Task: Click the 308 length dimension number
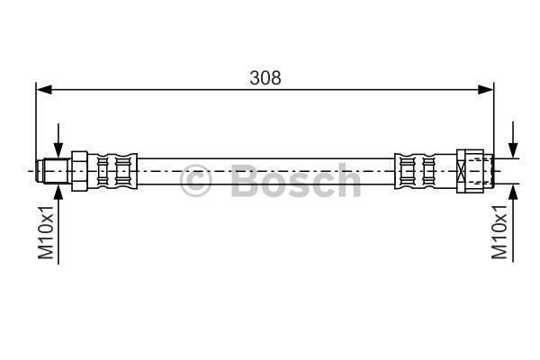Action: click(265, 78)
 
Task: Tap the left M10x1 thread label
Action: click(46, 232)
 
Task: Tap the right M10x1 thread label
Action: click(499, 231)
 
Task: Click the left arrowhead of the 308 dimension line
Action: click(44, 90)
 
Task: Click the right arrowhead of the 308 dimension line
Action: click(486, 90)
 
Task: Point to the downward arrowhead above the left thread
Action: click(58, 150)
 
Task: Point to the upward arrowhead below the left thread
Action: click(58, 192)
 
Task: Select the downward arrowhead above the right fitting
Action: click(513, 150)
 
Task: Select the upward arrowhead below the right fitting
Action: click(513, 193)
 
